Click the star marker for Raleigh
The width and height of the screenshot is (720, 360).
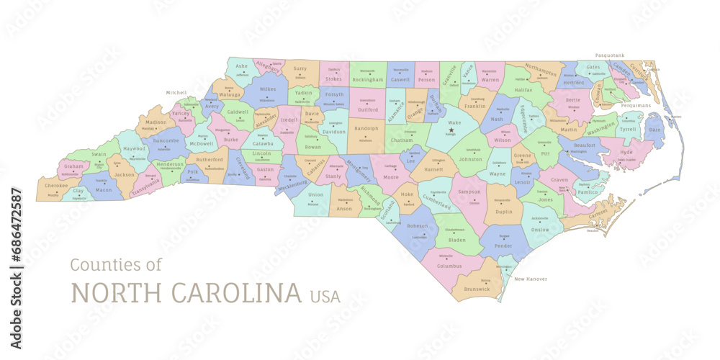coord(451,130)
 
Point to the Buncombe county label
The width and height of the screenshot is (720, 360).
coord(166,141)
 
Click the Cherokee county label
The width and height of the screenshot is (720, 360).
coord(56,185)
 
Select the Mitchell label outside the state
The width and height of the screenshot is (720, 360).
coord(176,93)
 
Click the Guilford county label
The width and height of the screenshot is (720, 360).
coord(368,109)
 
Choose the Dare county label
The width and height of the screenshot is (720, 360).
coord(654,130)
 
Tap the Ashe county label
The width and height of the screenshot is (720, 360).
coord(242,66)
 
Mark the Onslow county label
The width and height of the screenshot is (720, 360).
coord(539,230)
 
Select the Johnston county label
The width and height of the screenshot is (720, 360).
coord(470,158)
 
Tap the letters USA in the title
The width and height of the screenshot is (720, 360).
coord(325,296)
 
